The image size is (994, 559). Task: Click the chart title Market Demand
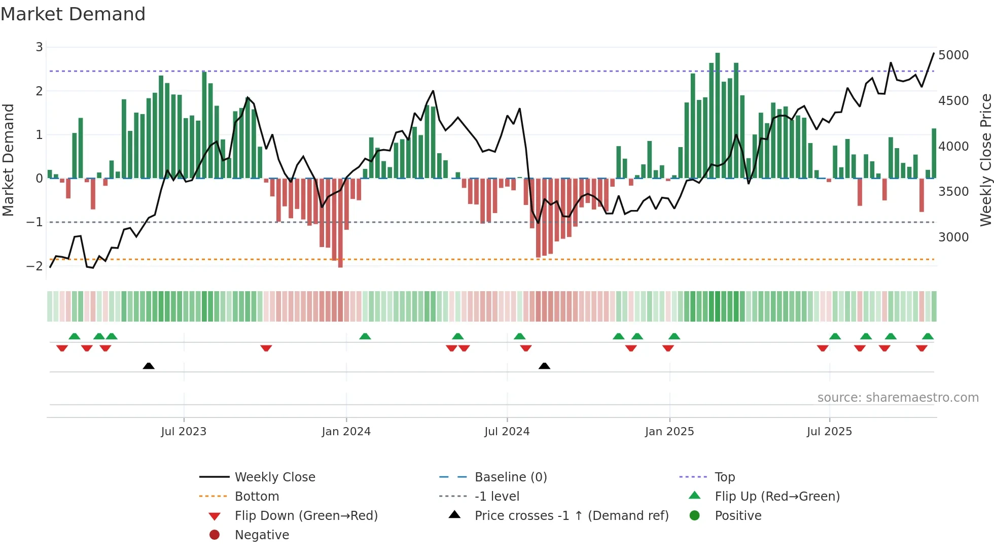pyautogui.click(x=73, y=14)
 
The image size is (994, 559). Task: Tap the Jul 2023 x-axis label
pyautogui.click(x=184, y=432)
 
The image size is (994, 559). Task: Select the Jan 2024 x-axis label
pyautogui.click(x=346, y=432)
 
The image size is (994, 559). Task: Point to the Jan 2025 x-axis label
pyautogui.click(x=669, y=432)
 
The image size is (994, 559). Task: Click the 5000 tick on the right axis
pyautogui.click(x=953, y=55)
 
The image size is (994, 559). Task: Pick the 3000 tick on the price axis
pyautogui.click(x=953, y=237)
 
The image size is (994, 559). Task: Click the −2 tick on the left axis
pyautogui.click(x=34, y=266)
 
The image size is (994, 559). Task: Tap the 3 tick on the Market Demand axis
pyautogui.click(x=39, y=47)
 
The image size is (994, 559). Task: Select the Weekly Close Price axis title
pyautogui.click(x=985, y=160)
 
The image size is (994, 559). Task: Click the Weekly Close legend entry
pyautogui.click(x=274, y=477)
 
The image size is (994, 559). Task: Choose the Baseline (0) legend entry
pyautogui.click(x=510, y=477)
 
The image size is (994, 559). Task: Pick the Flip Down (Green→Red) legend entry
pyautogui.click(x=306, y=516)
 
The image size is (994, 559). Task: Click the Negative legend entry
pyautogui.click(x=262, y=535)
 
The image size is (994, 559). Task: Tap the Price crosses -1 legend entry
pyautogui.click(x=571, y=516)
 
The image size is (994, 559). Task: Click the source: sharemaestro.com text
pyautogui.click(x=898, y=398)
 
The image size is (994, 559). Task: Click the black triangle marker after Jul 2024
pyautogui.click(x=544, y=366)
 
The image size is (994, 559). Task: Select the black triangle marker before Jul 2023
pyautogui.click(x=149, y=366)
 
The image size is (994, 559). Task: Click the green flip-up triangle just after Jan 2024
pyautogui.click(x=365, y=336)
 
